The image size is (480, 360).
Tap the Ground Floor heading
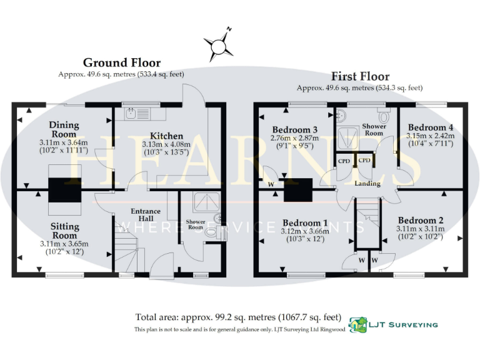122,62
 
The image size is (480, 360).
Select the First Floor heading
360,76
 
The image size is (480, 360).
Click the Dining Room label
64,129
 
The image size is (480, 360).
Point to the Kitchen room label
166,136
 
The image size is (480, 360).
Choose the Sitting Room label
64,231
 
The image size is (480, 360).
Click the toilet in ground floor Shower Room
213,232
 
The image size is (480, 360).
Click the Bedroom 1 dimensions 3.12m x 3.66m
305,231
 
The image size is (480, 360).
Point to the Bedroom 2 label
421,221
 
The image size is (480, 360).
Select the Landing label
367,184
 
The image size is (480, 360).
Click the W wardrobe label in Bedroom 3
271,185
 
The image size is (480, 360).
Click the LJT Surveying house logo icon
357,324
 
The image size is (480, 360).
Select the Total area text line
239,316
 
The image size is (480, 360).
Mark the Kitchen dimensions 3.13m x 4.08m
166,144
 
